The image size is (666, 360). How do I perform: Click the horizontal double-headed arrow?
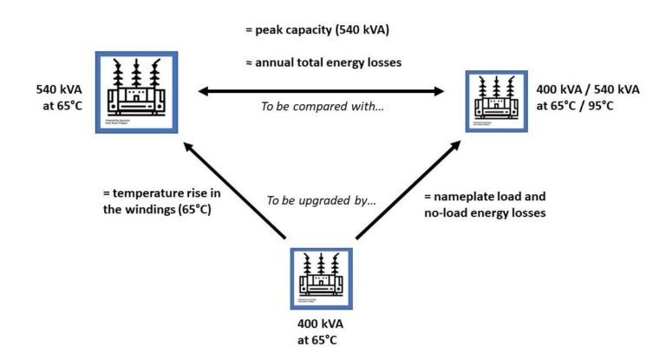pyautogui.click(x=320, y=89)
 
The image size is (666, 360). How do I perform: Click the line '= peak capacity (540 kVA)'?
pyautogui.click(x=317, y=31)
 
